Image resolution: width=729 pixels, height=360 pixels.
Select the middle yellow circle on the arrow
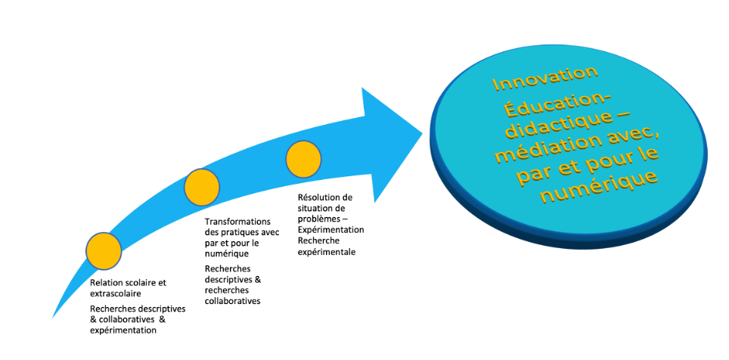pyautogui.click(x=202, y=186)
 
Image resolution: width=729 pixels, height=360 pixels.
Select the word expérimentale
pyautogui.click(x=326, y=252)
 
